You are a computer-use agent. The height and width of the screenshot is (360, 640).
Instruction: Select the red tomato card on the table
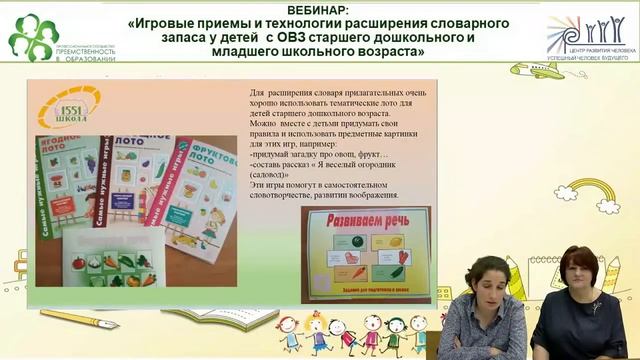(79, 263)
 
